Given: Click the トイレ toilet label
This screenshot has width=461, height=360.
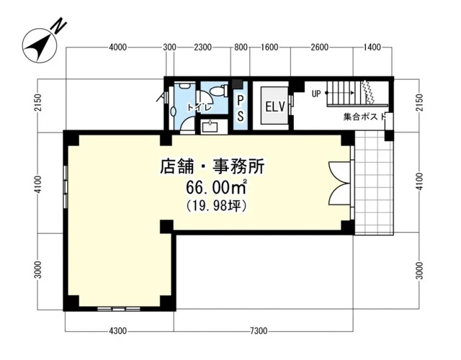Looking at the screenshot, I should click(x=200, y=107).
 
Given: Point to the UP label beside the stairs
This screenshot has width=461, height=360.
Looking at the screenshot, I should click(x=316, y=94).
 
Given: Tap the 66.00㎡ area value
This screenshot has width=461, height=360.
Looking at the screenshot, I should click(x=216, y=188).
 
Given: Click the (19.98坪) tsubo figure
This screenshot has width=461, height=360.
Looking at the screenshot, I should click(x=216, y=206).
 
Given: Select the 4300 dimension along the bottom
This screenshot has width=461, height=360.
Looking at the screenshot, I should click(x=118, y=330).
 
